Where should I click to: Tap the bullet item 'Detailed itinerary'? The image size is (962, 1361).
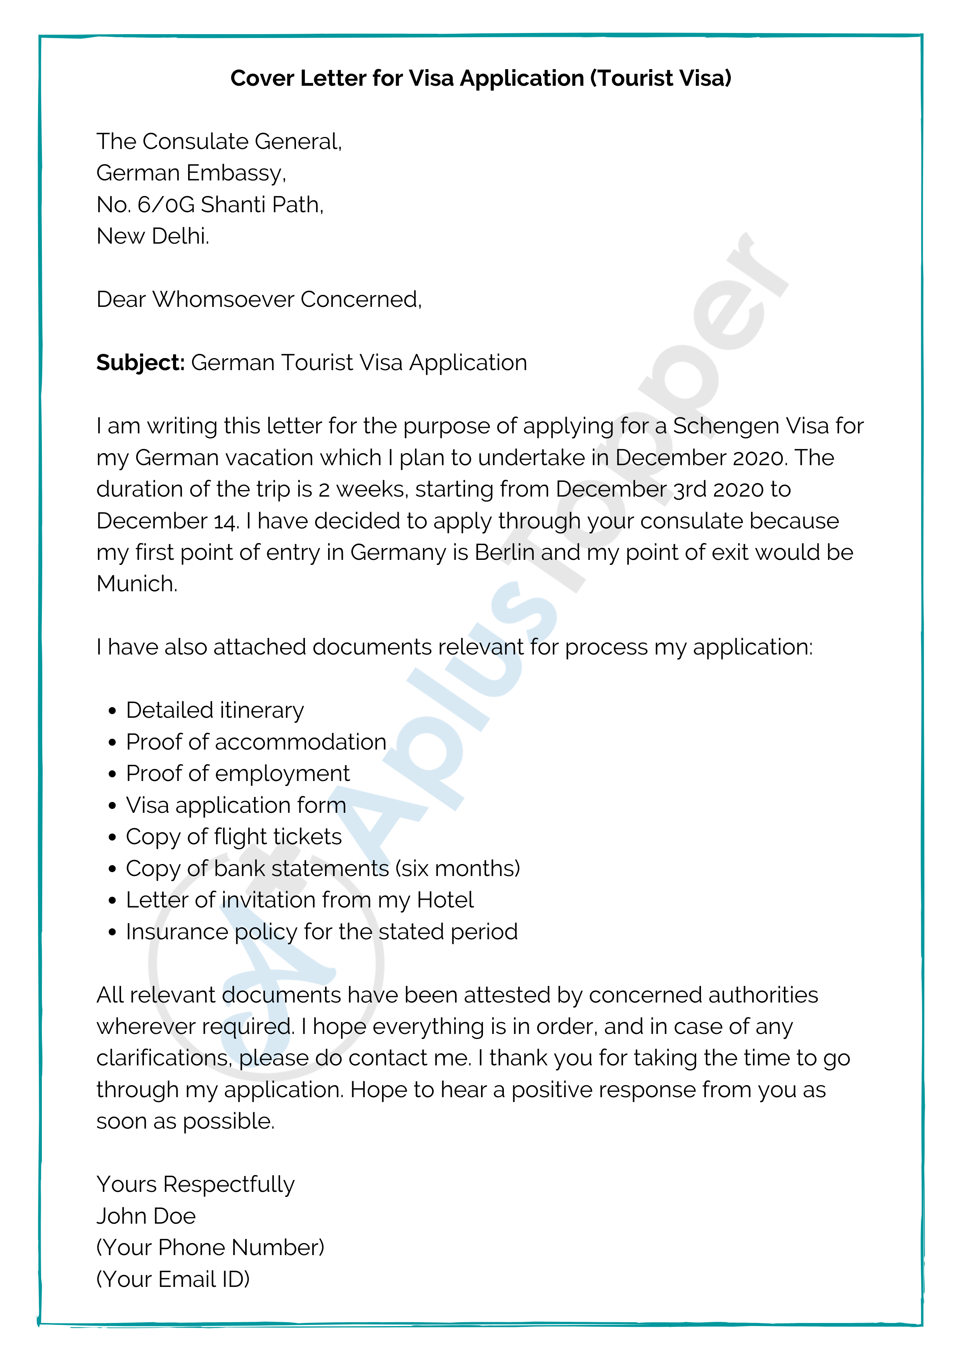[x=215, y=710]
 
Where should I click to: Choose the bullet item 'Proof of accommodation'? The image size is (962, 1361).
[x=256, y=742]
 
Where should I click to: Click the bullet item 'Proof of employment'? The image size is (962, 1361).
[x=238, y=774]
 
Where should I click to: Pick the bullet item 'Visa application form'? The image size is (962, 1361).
[x=236, y=805]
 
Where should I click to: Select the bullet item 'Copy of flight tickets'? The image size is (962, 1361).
[x=234, y=837]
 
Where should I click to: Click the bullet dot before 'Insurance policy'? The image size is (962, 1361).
[x=112, y=932]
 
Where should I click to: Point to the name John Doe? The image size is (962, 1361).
[x=146, y=1216]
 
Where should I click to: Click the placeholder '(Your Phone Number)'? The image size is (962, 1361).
[x=210, y=1247]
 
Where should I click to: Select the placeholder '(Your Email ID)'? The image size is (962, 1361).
[x=173, y=1279]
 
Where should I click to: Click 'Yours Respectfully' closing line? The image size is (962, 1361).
[x=196, y=1184]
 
